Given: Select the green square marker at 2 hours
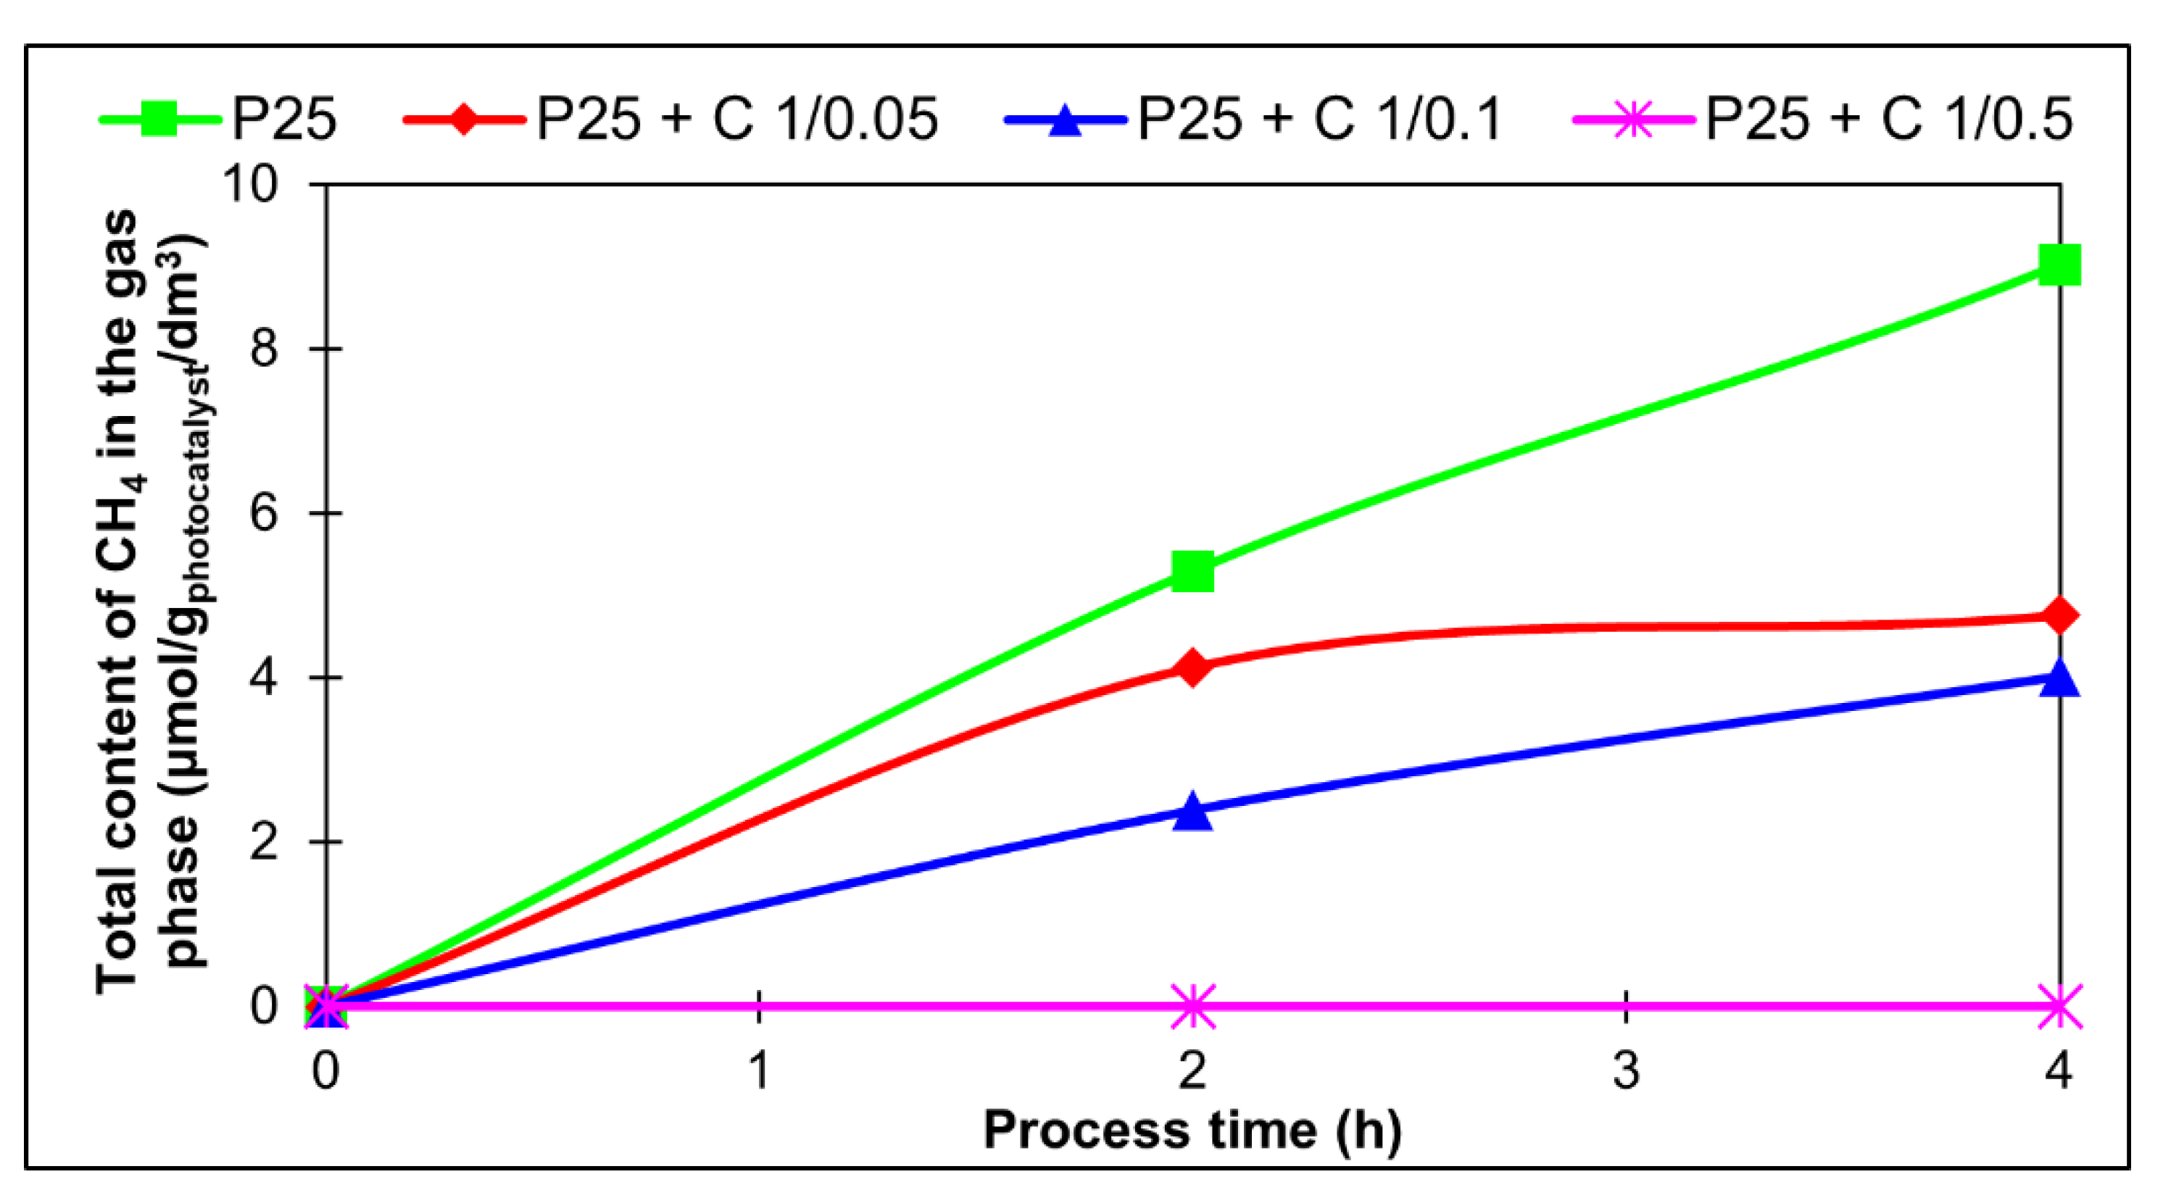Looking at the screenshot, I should [1192, 571].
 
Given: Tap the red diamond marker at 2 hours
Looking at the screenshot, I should [1192, 667].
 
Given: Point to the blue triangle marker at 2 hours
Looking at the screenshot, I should [1192, 812].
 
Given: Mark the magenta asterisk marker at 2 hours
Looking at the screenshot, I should [1192, 1006].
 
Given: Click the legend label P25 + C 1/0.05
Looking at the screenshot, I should [737, 119].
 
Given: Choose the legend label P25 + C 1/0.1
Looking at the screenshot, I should [1319, 119].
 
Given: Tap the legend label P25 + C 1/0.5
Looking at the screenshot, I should [1889, 119].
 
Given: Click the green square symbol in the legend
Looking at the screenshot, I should [159, 119].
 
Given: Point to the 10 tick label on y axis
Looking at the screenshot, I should [249, 183].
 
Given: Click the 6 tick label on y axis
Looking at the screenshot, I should [263, 512].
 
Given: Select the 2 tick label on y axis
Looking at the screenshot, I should [263, 841].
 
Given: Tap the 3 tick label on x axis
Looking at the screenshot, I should [1627, 1071].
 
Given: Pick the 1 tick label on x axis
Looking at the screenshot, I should [759, 1071].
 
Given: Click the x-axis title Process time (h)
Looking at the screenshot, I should [1192, 1130].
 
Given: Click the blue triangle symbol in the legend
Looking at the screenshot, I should [1065, 119].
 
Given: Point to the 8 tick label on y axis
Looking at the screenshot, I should [263, 348].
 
